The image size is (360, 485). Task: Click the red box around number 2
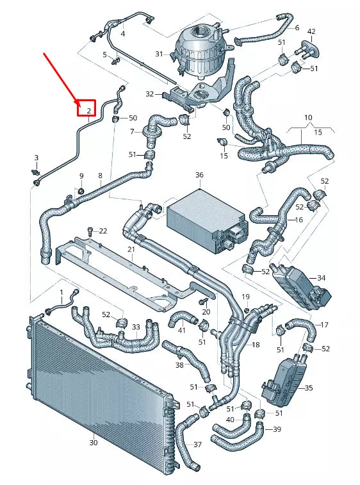(x=86, y=108)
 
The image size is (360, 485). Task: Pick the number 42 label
(x=311, y=31)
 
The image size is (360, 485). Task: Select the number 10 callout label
(x=307, y=118)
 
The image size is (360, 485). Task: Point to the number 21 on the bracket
(x=131, y=249)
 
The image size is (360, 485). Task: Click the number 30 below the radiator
(x=94, y=443)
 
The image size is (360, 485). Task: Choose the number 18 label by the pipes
(x=256, y=345)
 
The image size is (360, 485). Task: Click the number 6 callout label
(x=297, y=28)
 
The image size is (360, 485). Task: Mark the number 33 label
(x=135, y=327)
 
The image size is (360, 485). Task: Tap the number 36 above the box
(x=199, y=175)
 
